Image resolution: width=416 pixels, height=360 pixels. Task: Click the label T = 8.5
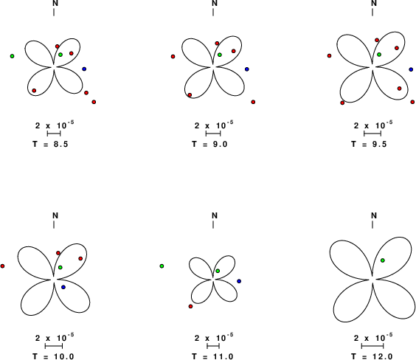tap(50, 144)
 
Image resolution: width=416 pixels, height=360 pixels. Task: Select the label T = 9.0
tap(209, 144)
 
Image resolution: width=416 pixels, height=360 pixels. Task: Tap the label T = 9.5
tap(369, 144)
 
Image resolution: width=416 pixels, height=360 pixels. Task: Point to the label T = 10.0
tap(53, 356)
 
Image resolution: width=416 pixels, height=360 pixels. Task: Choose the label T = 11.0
tap(212, 356)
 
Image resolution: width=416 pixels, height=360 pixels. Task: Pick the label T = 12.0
tap(372, 356)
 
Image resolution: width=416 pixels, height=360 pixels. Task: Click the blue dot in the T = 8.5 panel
tap(84, 69)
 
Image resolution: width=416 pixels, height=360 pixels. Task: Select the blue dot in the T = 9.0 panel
tap(247, 69)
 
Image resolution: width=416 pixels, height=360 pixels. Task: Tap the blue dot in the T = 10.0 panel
tap(63, 287)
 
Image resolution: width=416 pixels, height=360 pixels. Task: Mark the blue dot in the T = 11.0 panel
tap(239, 281)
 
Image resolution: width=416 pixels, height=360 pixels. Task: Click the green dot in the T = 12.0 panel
tap(383, 260)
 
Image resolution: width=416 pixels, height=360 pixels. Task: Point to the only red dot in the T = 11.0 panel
tap(190, 306)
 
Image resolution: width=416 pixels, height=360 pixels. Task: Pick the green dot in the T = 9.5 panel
tap(379, 55)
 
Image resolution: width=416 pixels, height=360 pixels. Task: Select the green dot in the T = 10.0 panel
tap(60, 267)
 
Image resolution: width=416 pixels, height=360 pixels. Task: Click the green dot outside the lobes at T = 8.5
tap(12, 56)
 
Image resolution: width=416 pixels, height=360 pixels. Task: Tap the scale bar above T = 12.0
tap(372, 346)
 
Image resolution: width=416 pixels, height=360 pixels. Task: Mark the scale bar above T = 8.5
tap(54, 134)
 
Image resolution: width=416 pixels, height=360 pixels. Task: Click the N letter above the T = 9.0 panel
tap(215, 3)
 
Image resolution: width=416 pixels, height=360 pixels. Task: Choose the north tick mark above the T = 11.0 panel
tap(213, 224)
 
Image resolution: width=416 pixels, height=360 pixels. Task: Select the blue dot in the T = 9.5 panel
tap(412, 69)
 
